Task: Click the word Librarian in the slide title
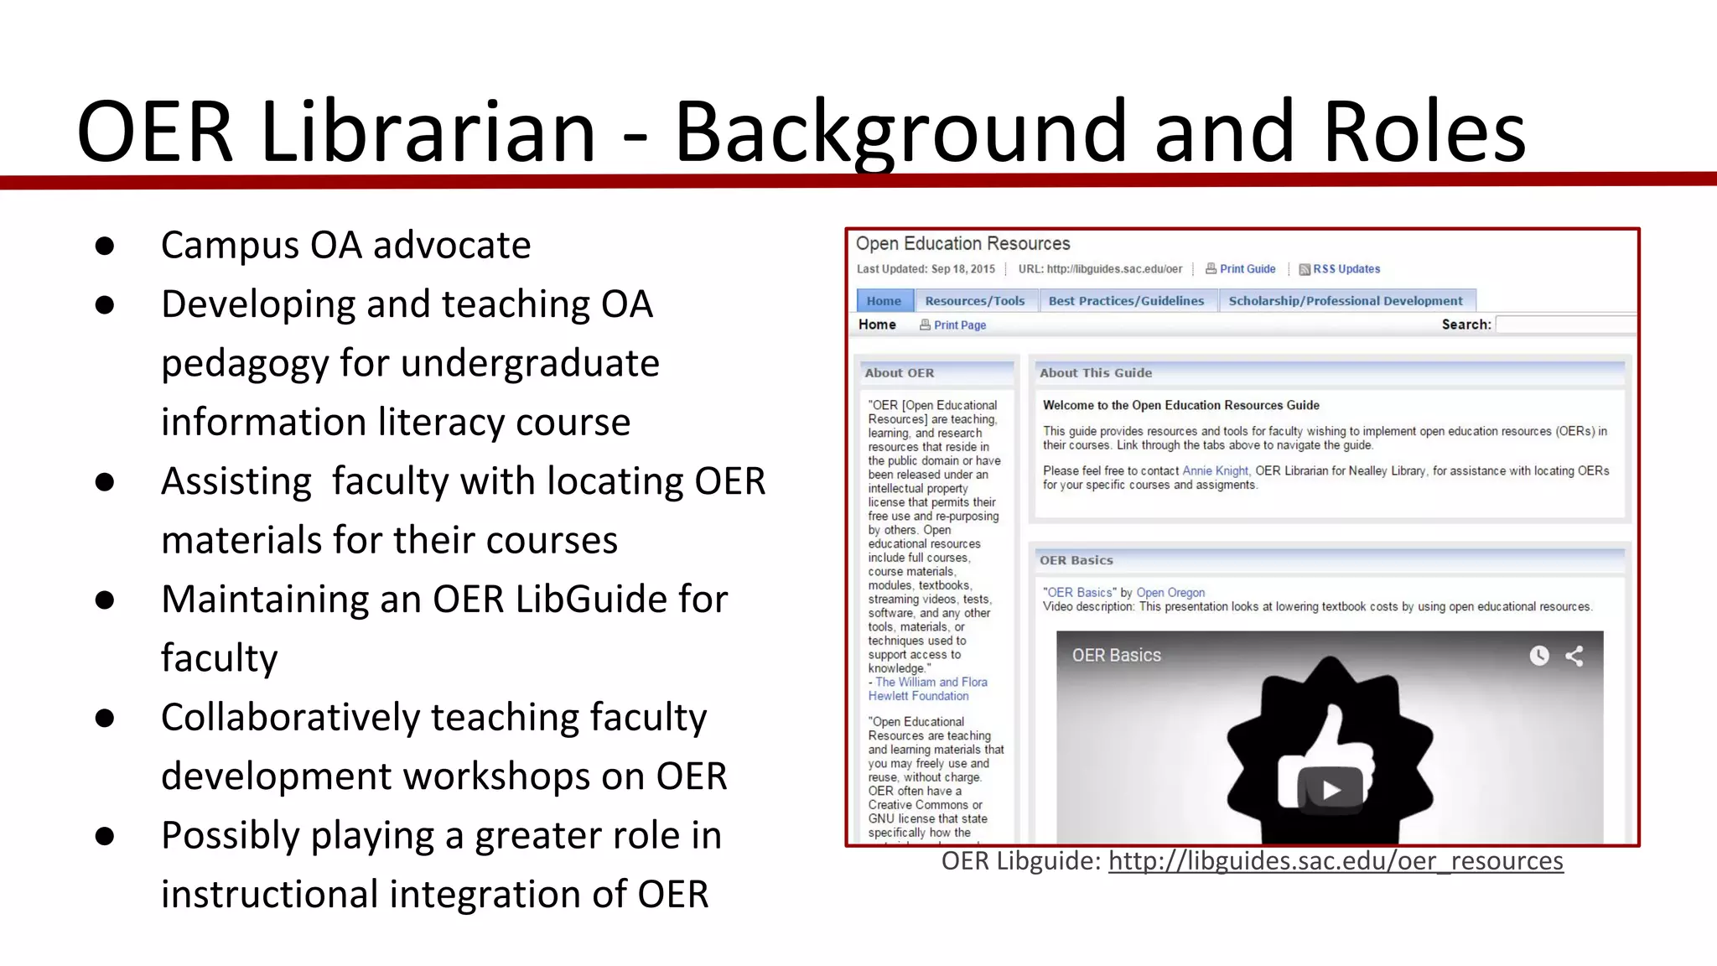(x=428, y=132)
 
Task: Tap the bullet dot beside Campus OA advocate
(x=105, y=246)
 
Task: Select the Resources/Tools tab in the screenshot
(x=974, y=301)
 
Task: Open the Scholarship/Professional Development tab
(x=1345, y=301)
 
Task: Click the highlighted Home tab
(x=884, y=301)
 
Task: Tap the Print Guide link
(x=1247, y=269)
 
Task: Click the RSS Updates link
(x=1346, y=269)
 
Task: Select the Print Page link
(x=959, y=325)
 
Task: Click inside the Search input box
(x=1564, y=325)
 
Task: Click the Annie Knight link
(x=1215, y=471)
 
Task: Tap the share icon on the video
(x=1574, y=656)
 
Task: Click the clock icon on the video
(x=1539, y=656)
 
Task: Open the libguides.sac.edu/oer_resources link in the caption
(x=1335, y=861)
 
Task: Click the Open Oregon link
(x=1170, y=593)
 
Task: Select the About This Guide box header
(x=1095, y=373)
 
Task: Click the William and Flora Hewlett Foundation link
(x=927, y=689)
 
